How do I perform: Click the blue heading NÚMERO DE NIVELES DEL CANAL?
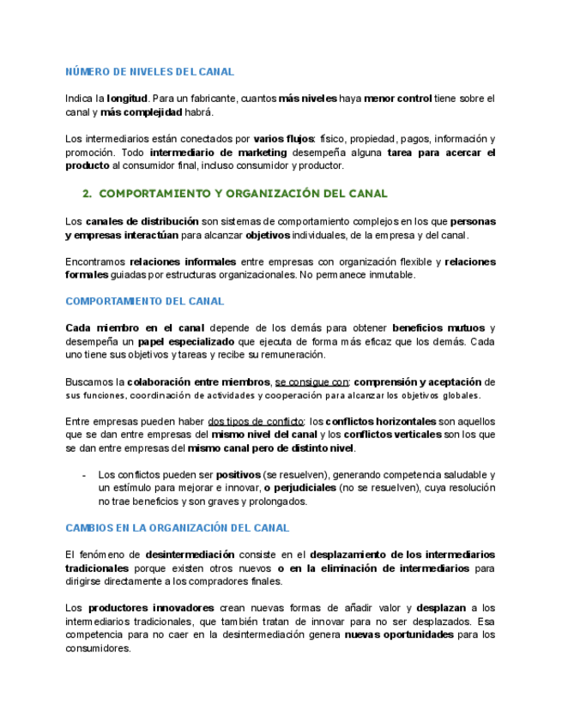point(149,72)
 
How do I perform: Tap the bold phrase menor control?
point(397,99)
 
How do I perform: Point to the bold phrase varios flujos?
point(283,139)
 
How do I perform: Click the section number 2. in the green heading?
point(87,194)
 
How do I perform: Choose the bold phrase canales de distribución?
point(142,221)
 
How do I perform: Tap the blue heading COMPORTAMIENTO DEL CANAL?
point(144,302)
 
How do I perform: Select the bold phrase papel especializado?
point(185,341)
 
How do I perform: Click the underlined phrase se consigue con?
point(311,382)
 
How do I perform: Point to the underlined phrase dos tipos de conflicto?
point(256,421)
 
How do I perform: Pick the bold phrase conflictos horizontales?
point(381,421)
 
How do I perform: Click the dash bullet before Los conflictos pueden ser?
point(83,475)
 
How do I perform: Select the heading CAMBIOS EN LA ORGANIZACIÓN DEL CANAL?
point(177,528)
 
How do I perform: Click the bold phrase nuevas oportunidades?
point(399,635)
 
